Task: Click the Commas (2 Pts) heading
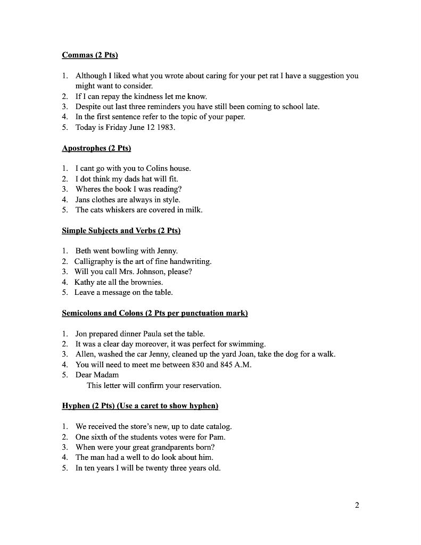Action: click(x=90, y=55)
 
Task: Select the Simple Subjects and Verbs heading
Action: click(x=121, y=230)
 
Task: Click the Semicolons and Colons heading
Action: click(x=155, y=313)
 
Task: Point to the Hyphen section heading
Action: click(x=140, y=406)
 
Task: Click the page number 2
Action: click(x=357, y=505)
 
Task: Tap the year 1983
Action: click(x=162, y=127)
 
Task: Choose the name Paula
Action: click(x=154, y=334)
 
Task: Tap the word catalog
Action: click(x=218, y=427)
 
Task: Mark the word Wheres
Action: click(x=88, y=189)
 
